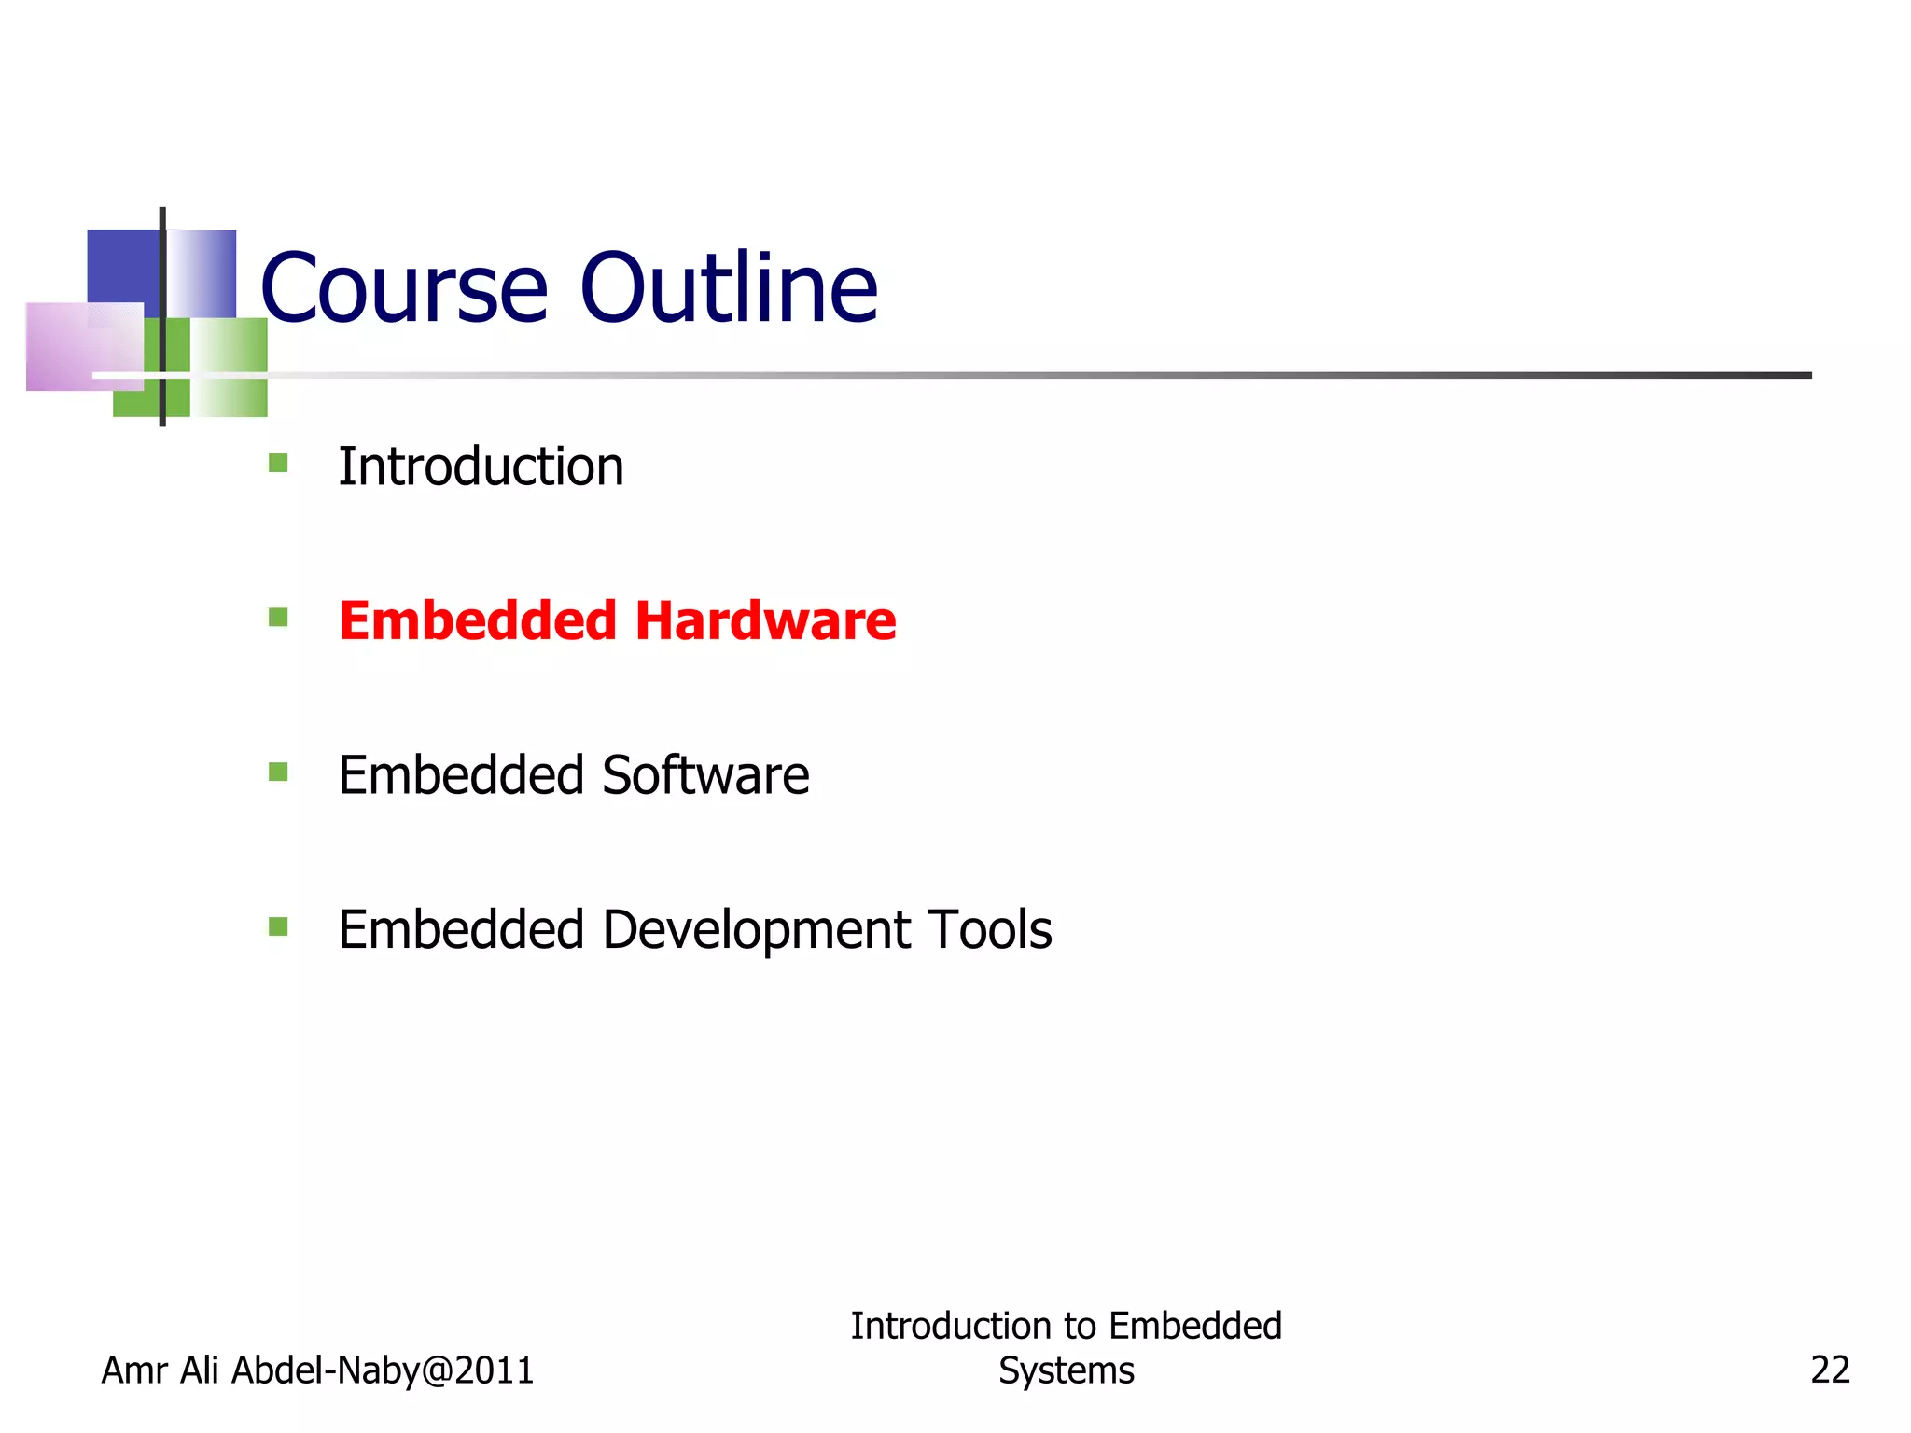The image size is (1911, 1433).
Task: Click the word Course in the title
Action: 403,289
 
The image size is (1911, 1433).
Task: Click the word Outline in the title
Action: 729,289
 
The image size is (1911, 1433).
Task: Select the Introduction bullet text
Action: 481,466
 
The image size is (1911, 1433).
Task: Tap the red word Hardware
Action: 765,620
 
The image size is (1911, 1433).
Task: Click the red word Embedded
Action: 477,620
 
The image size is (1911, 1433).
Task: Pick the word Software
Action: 705,775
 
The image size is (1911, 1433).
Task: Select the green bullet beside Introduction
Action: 278,463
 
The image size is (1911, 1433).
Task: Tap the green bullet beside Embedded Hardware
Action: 278,618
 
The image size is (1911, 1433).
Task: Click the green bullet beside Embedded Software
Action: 278,772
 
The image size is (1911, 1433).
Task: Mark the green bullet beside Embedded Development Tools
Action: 278,926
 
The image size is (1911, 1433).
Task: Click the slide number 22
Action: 1829,1370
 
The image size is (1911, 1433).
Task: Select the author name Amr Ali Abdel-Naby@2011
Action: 317,1370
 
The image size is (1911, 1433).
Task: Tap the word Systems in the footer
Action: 1066,1370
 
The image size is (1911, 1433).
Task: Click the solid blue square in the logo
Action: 122,265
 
